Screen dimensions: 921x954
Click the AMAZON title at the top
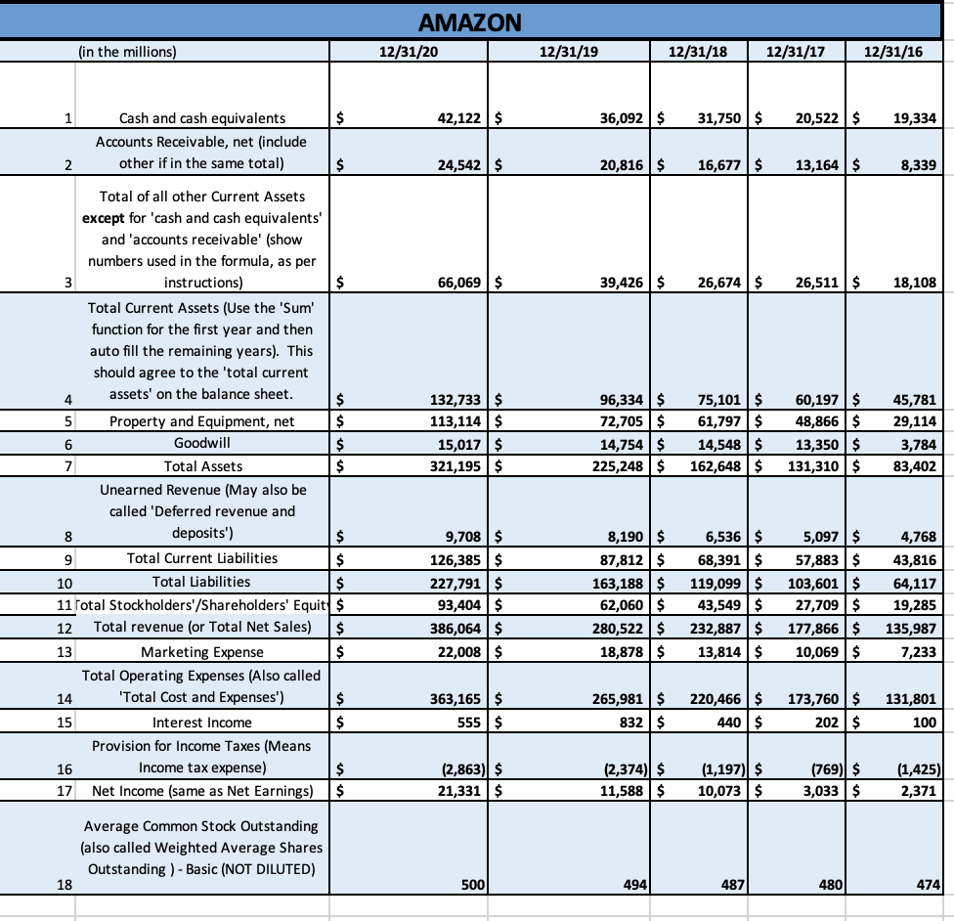click(x=469, y=22)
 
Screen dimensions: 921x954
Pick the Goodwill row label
click(x=203, y=444)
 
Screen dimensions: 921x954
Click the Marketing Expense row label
click(x=202, y=652)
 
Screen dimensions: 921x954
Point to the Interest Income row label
click(x=202, y=723)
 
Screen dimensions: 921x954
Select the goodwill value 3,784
click(x=918, y=444)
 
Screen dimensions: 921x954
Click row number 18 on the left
click(x=65, y=885)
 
